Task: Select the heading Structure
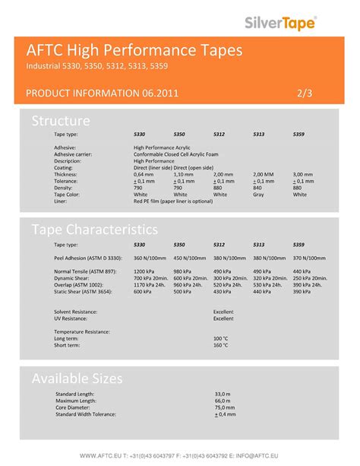tap(61, 121)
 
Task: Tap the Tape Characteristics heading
tap(94, 229)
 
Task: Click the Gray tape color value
tap(258, 195)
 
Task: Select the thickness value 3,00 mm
tap(303, 174)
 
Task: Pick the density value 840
tap(257, 188)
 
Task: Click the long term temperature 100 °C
tap(221, 338)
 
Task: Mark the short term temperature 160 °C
tap(221, 345)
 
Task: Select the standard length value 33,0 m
tap(223, 395)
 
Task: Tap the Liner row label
tap(61, 201)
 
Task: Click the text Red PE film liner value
tap(172, 201)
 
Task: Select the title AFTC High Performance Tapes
tap(135, 51)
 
